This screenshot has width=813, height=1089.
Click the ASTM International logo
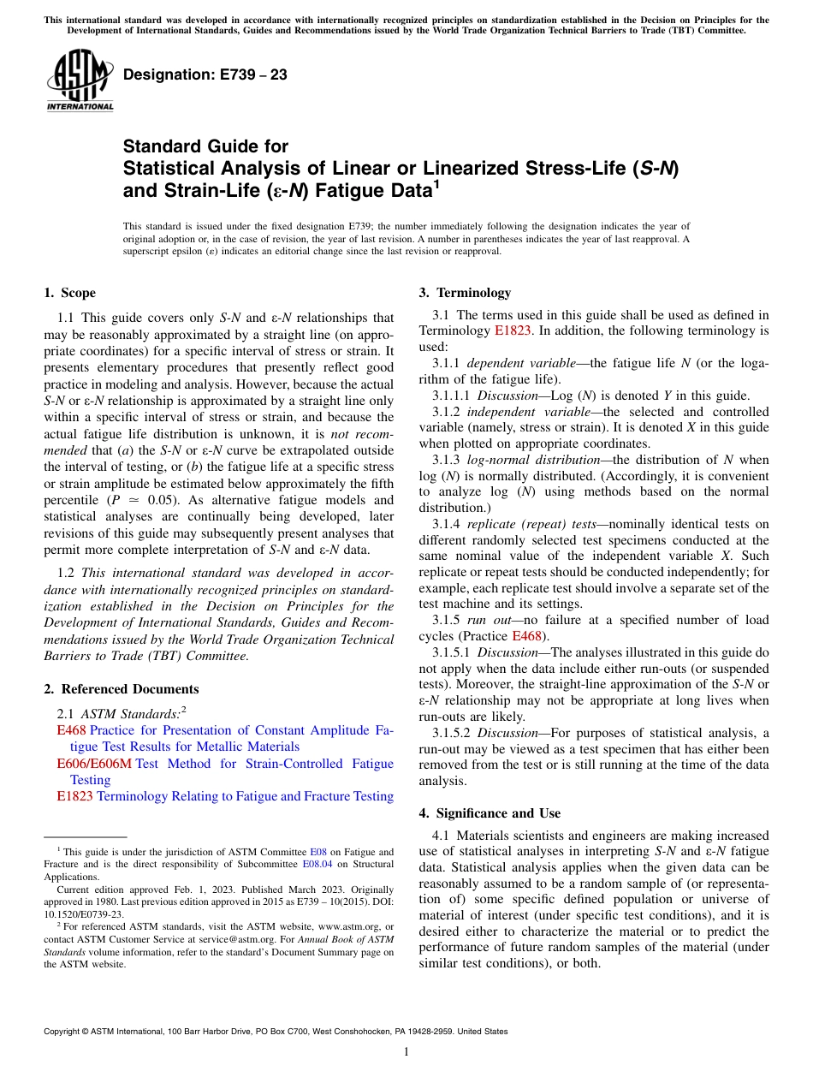79,80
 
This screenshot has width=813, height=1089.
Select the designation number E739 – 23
205,75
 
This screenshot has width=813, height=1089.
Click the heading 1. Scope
69,293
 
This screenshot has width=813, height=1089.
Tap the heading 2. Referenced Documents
121,689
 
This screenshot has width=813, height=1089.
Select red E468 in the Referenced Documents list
71,730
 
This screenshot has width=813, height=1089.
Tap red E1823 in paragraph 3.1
513,330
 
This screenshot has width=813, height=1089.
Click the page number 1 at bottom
406,1051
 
